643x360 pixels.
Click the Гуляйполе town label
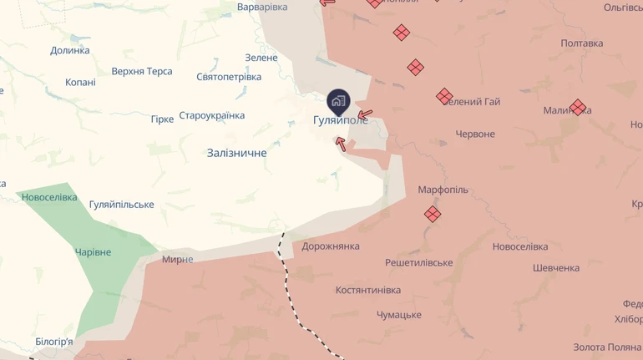[x=340, y=120]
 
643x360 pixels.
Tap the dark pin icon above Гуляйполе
[x=338, y=102]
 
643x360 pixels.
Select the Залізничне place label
[x=236, y=153]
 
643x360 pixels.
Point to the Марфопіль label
[x=443, y=190]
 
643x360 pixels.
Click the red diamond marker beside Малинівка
[x=577, y=107]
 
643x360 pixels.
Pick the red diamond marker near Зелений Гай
[x=444, y=96]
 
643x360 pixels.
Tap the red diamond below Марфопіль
[x=433, y=214]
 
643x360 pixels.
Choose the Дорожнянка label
[x=331, y=246]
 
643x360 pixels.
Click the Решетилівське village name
[x=418, y=262]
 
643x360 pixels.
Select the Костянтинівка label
[x=367, y=290]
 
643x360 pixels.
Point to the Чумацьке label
[x=398, y=315]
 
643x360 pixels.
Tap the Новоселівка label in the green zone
[x=50, y=198]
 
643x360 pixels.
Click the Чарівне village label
[x=93, y=252]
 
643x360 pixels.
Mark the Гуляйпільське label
[x=121, y=205]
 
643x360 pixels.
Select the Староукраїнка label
[x=211, y=115]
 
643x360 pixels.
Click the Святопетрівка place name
[x=229, y=77]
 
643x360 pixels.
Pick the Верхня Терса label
[x=142, y=71]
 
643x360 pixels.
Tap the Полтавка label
[x=582, y=43]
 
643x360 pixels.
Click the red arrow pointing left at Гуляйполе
[x=365, y=114]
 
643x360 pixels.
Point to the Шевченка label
[x=556, y=268]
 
